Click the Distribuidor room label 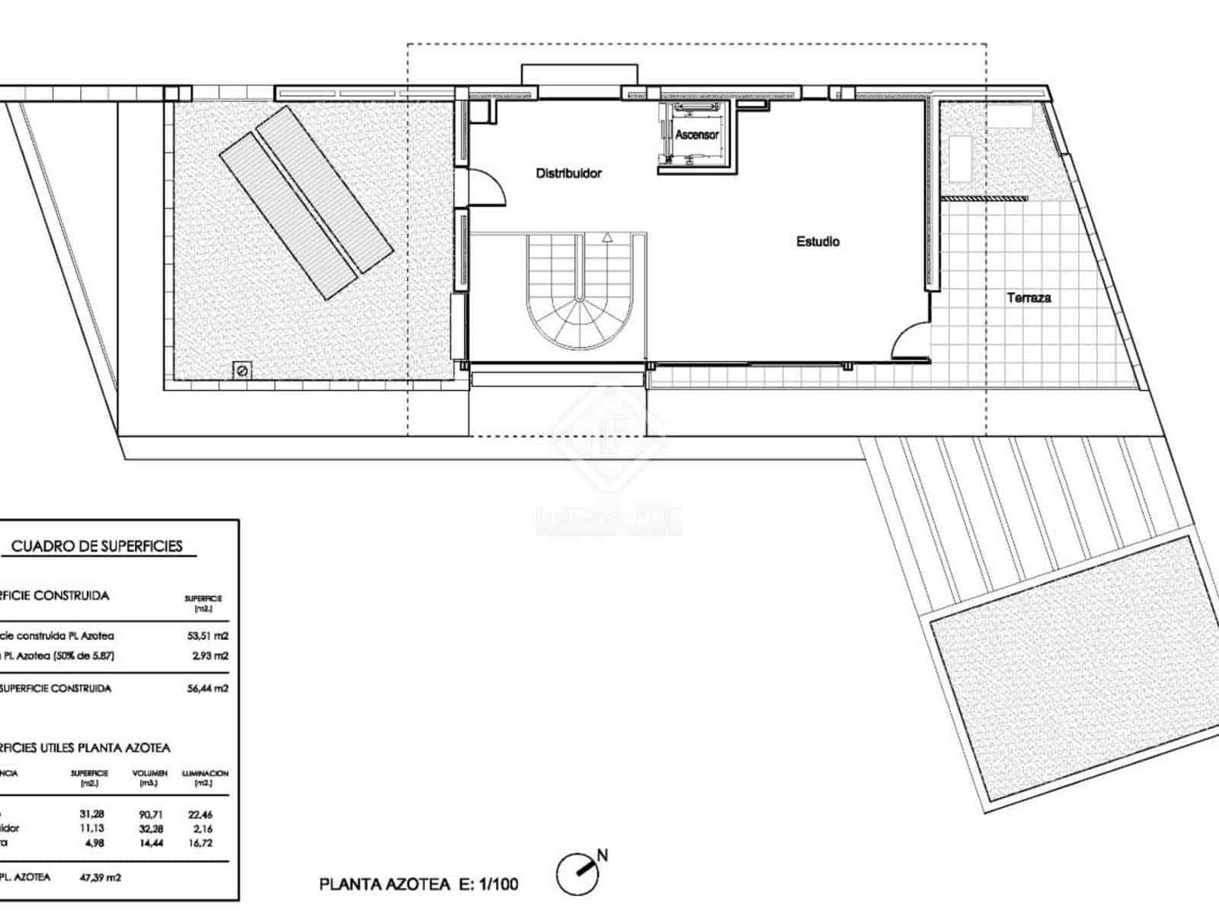tap(568, 174)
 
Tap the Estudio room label tap(817, 241)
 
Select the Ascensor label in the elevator tap(696, 135)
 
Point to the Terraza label tap(1029, 298)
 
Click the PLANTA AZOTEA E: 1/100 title tap(418, 884)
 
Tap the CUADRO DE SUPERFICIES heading tap(97, 546)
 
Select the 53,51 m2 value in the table tap(207, 636)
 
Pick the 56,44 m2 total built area tap(207, 689)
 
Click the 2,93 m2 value tap(210, 656)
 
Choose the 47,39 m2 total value tap(100, 877)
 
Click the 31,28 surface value tap(91, 814)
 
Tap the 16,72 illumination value tap(200, 843)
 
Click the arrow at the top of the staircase tap(607, 237)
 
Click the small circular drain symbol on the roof tap(242, 371)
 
